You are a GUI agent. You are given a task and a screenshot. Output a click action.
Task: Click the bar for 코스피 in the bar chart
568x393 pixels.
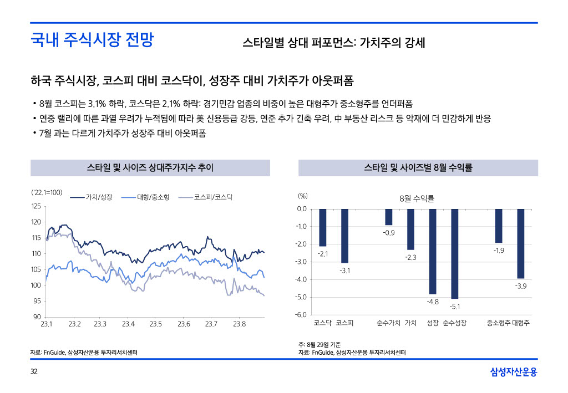coord(344,236)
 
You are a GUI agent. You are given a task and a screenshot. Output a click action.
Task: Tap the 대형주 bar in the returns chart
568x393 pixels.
coord(520,243)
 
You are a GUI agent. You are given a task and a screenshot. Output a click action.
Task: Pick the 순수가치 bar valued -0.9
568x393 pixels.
coord(389,217)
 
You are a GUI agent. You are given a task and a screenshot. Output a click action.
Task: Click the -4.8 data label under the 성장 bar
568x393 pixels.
coord(433,302)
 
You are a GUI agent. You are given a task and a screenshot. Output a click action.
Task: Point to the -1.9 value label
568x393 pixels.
coord(499,251)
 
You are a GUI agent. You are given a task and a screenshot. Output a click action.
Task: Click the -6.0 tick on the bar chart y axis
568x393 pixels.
coord(301,315)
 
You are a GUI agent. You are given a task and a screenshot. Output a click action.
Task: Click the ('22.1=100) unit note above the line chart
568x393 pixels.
coord(46,192)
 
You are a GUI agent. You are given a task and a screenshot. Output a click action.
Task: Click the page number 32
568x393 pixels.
coord(34,371)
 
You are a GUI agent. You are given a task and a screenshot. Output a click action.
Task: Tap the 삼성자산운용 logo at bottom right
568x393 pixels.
coord(514,372)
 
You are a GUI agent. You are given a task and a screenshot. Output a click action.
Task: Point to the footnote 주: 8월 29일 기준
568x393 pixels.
coord(324,345)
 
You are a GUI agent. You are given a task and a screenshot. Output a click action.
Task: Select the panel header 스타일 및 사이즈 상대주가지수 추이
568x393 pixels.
coord(150,167)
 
